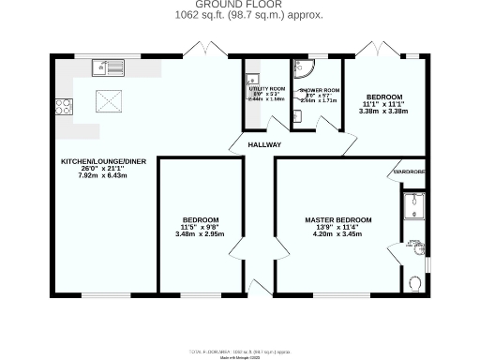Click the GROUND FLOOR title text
coord(239,6)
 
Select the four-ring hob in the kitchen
coord(65,106)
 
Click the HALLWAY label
coord(264,145)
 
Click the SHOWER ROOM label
coord(319,91)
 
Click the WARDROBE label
coord(409,172)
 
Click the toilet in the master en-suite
coord(415,281)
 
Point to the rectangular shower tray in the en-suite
coord(414,205)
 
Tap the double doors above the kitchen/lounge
coord(200,49)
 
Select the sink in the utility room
coord(251,76)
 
